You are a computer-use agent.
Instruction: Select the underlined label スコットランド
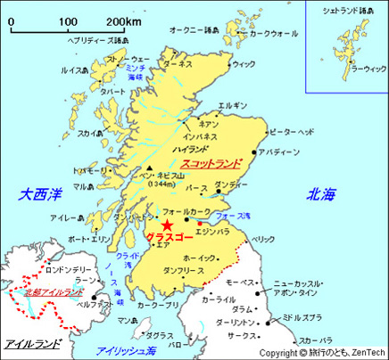[x=211, y=164]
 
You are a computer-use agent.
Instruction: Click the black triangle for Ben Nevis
[x=149, y=169]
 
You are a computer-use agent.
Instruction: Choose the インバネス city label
[x=200, y=137]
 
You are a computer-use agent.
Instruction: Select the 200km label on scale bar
[x=123, y=20]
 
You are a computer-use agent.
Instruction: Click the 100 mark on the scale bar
[x=68, y=20]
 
